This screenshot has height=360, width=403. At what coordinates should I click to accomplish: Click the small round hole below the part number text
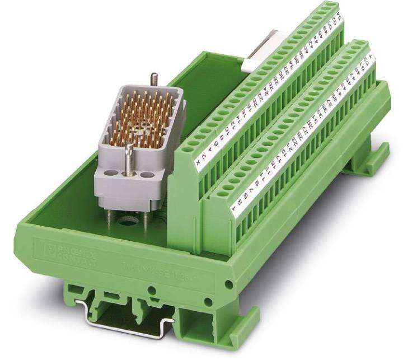(x=151, y=291)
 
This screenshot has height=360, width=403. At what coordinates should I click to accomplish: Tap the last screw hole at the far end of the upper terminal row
(x=332, y=8)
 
